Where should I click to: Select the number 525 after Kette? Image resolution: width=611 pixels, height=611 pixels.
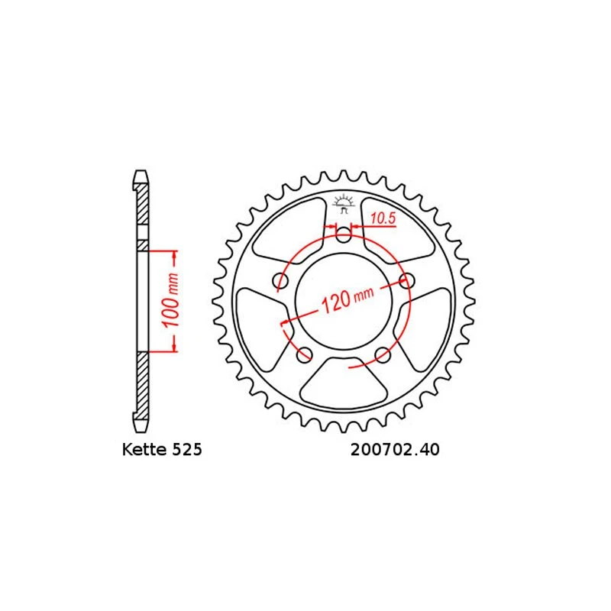click(187, 451)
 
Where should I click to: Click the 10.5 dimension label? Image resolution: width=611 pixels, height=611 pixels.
click(382, 219)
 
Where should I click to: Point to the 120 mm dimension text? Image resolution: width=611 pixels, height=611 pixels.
click(348, 298)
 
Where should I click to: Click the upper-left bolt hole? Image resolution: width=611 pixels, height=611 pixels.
click(280, 282)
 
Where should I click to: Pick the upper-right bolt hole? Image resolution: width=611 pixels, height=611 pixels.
click(406, 280)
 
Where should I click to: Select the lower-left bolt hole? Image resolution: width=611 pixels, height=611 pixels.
click(304, 353)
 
